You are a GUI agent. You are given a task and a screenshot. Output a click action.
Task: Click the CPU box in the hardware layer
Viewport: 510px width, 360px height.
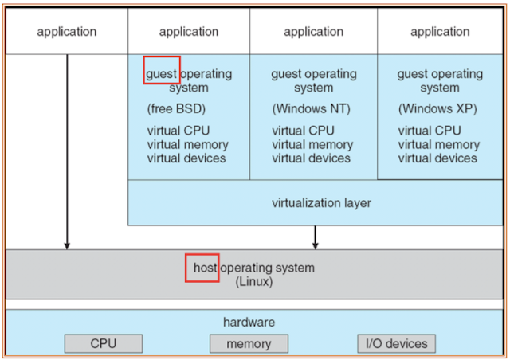[x=104, y=343]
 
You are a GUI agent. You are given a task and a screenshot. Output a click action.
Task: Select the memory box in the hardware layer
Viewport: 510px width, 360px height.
[x=248, y=343]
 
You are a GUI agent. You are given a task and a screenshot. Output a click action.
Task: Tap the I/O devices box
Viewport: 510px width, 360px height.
[x=396, y=343]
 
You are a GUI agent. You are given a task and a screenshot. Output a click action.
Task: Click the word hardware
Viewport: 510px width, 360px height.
[x=249, y=322]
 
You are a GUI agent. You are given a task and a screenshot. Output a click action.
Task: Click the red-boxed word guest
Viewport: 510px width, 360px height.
[x=162, y=73]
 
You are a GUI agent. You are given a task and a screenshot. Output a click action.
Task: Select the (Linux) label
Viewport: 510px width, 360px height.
[x=254, y=282]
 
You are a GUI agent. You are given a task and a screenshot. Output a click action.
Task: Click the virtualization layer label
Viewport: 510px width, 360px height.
[x=321, y=202]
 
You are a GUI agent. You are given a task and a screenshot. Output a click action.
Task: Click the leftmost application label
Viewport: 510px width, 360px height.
[x=67, y=32]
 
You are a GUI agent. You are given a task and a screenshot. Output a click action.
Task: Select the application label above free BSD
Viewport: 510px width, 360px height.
[x=189, y=32]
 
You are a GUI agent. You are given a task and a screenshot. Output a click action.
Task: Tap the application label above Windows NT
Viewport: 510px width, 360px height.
[x=313, y=32]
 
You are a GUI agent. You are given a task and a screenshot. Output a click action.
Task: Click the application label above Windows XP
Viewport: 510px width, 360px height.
[x=440, y=32]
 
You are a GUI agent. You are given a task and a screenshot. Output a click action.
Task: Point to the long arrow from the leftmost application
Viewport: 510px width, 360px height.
[x=67, y=151]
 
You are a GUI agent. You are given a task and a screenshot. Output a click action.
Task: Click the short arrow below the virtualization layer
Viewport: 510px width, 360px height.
[x=316, y=237]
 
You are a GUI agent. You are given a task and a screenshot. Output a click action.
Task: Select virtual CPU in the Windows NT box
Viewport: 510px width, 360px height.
[x=303, y=131]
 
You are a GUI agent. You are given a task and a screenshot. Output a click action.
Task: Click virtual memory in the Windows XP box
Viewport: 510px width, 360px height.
[x=439, y=144]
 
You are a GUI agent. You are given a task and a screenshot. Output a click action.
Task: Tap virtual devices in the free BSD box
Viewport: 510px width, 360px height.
[x=186, y=158]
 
